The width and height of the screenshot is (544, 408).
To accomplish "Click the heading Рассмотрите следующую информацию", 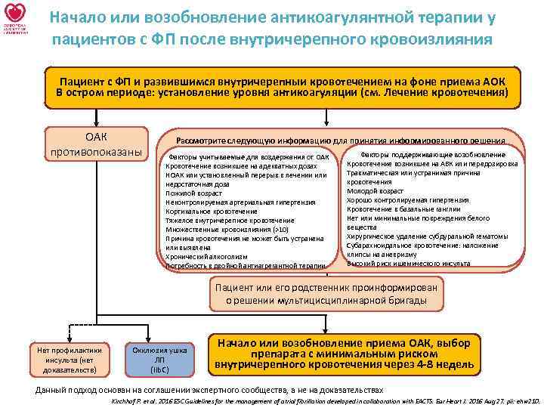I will pyautogui.click(x=340, y=141).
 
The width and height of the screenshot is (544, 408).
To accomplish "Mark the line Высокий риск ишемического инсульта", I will pyautogui.click(x=408, y=263).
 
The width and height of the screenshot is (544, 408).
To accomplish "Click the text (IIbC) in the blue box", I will pyautogui.click(x=159, y=369).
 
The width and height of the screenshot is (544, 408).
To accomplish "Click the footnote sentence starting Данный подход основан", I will pyautogui.click(x=209, y=390).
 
